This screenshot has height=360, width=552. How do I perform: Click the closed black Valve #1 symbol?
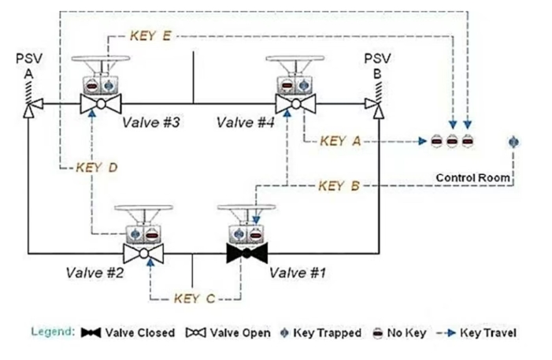pyautogui.click(x=249, y=254)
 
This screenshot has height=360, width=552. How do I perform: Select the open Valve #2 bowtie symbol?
pyautogui.click(x=145, y=254)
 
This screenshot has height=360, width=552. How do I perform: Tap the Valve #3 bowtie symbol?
pyautogui.click(x=101, y=103)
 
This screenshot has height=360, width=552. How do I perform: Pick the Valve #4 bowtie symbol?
pyautogui.click(x=295, y=103)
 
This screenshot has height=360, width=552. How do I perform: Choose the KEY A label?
pyautogui.click(x=341, y=141)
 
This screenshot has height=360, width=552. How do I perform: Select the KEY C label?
pyautogui.click(x=194, y=299)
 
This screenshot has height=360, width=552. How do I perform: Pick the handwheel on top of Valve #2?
pyautogui.click(x=143, y=209)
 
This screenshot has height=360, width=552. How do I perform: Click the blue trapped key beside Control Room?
pyautogui.click(x=514, y=142)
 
